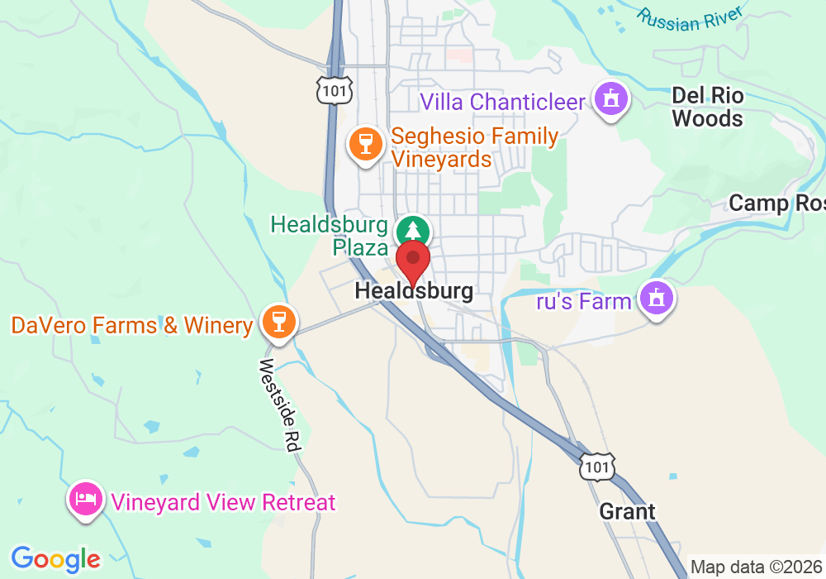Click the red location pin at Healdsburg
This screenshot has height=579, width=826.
[x=413, y=260]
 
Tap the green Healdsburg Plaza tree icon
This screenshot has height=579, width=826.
[x=412, y=230]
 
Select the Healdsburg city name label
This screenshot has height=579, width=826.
[x=414, y=291]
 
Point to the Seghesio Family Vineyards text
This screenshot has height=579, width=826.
[x=474, y=147]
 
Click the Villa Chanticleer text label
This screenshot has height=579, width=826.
[x=503, y=103]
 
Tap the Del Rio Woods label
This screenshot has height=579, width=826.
[x=707, y=108]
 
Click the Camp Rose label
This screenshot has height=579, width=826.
[x=776, y=203]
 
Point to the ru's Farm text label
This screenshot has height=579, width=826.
[x=584, y=301]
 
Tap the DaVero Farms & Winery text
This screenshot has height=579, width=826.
[x=132, y=325]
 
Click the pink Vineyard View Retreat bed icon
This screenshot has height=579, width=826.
[x=87, y=498]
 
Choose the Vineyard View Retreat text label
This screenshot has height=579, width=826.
[x=224, y=502]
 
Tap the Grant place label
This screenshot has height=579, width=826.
[x=627, y=511]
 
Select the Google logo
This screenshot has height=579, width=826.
[x=55, y=559]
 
